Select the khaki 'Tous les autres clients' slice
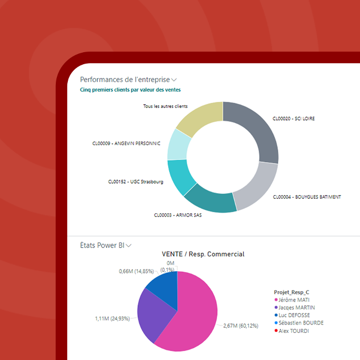(x=198, y=118)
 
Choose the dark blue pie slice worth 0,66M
(x=163, y=285)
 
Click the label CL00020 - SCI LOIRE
(x=293, y=119)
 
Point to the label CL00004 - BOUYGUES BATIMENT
(x=307, y=197)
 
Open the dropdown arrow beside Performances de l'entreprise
(x=174, y=80)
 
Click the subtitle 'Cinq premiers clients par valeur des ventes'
(x=130, y=90)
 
